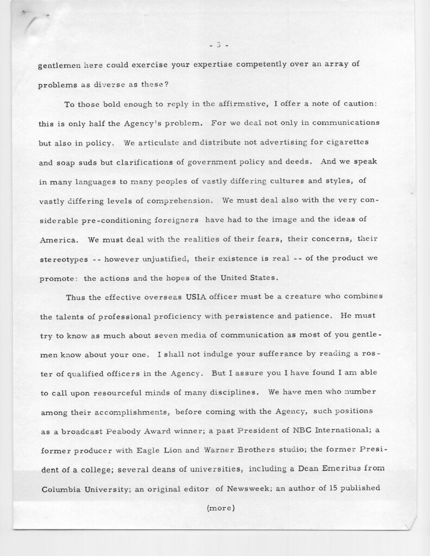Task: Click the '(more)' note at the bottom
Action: click(x=220, y=509)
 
